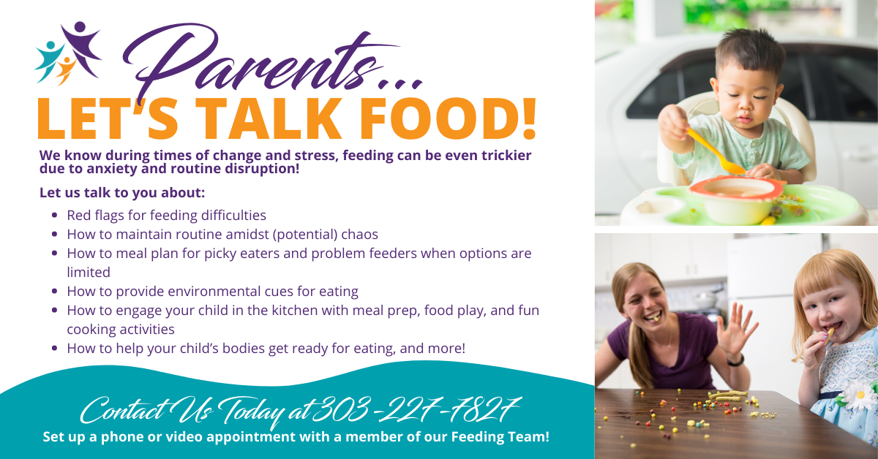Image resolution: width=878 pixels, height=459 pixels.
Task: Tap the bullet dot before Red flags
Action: click(56, 216)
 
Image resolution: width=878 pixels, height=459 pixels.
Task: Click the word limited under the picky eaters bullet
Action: click(89, 272)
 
